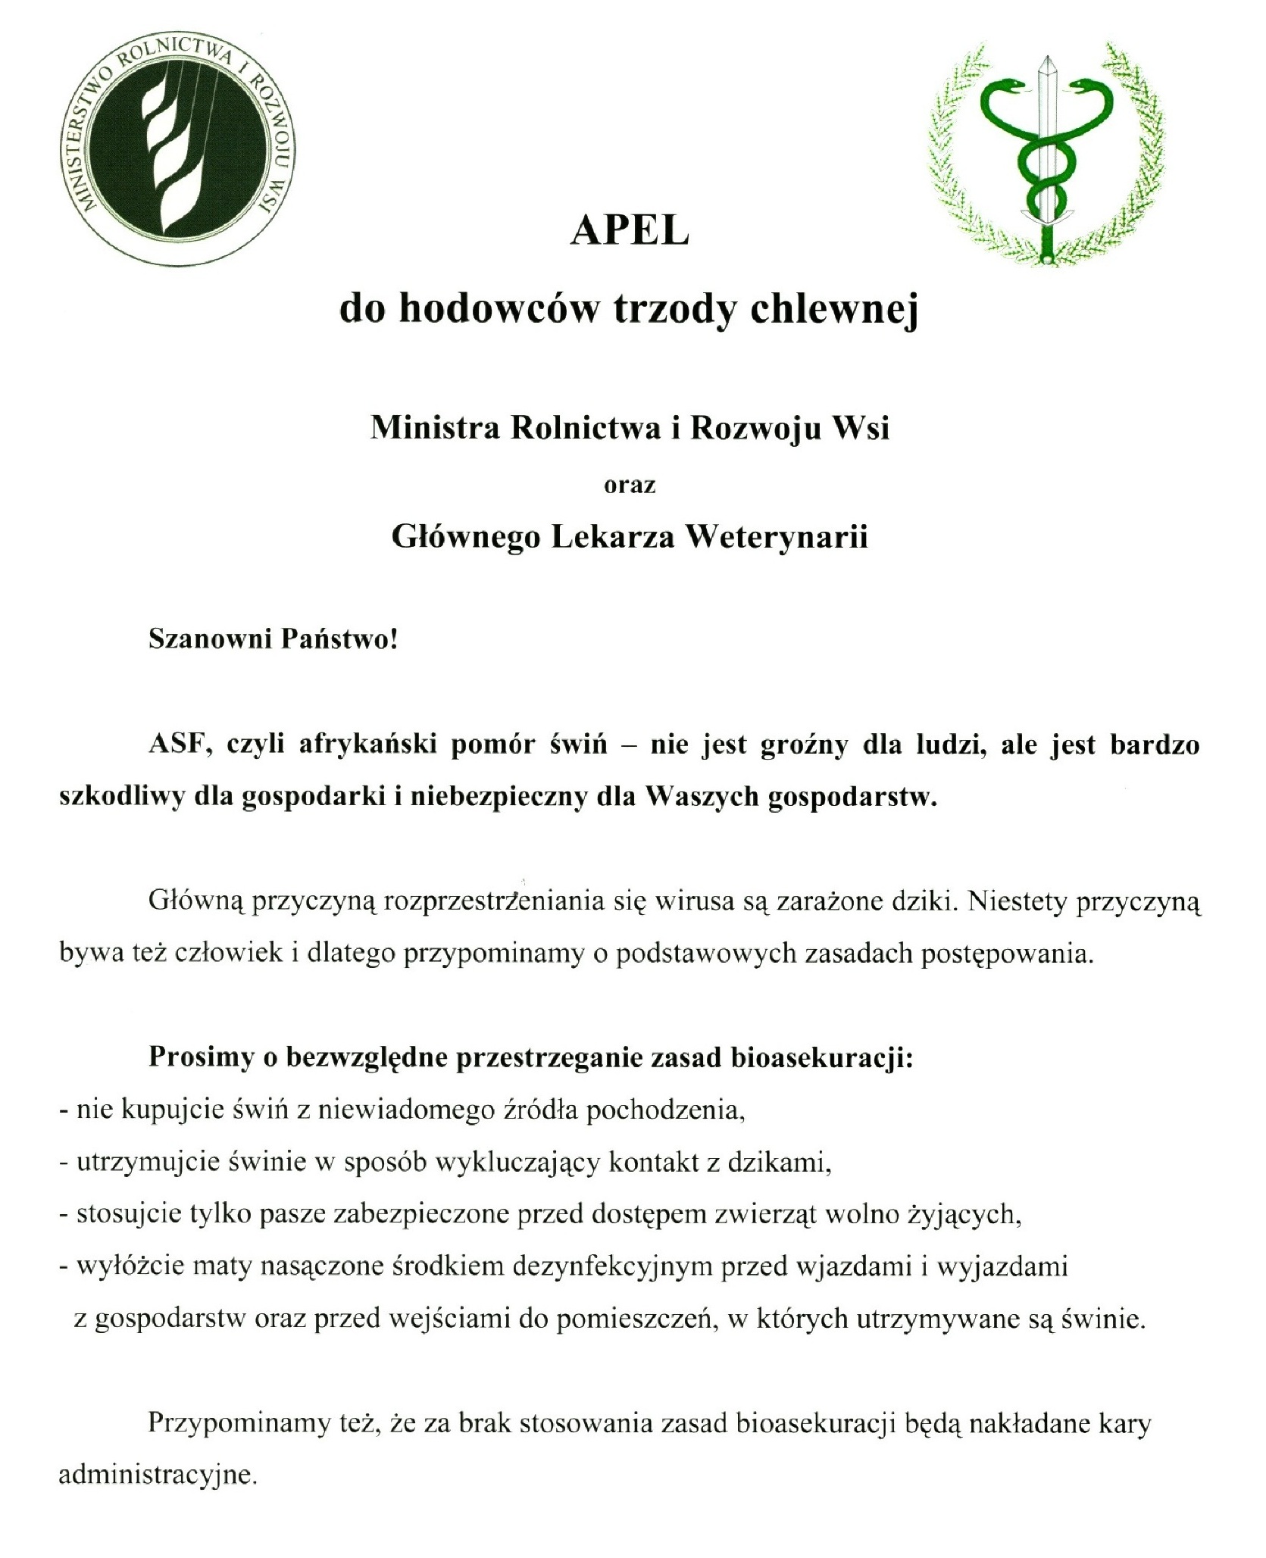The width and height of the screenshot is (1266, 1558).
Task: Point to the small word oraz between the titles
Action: coord(629,485)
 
